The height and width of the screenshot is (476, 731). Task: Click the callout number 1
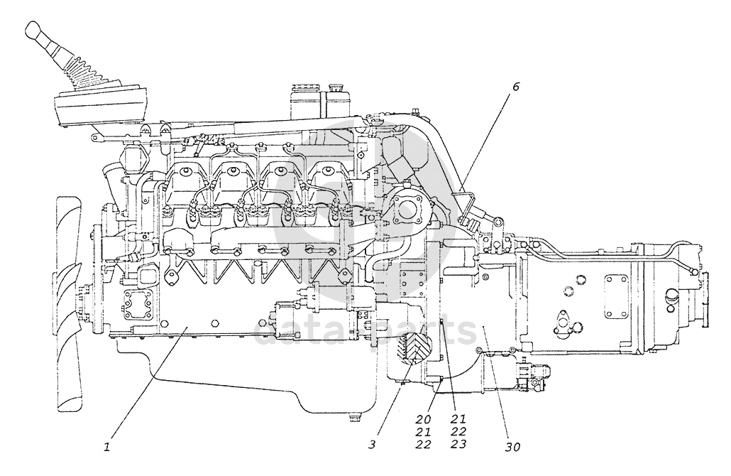106,447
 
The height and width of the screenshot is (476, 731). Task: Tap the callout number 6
515,87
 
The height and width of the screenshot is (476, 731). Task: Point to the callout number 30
512,447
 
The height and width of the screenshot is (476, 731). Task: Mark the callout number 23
458,445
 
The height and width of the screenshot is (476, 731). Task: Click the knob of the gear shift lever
34,31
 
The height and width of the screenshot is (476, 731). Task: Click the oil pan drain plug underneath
353,418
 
